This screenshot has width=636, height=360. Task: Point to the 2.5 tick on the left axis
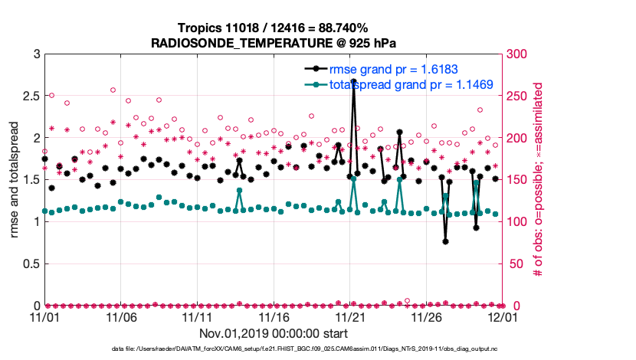[x=30, y=96]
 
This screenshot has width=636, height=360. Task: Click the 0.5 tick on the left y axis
[x=30, y=263]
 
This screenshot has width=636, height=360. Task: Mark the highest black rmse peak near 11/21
[x=353, y=80]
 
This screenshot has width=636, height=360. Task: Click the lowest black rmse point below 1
[x=445, y=241]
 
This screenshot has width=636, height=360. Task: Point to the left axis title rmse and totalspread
[x=15, y=180]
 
